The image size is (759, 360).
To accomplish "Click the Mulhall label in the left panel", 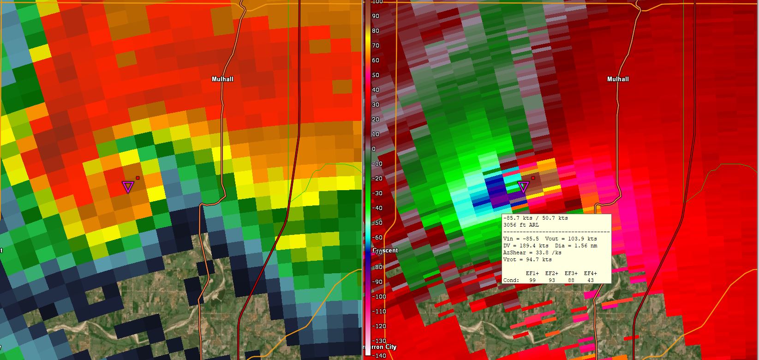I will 222,79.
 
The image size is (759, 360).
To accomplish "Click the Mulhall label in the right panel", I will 618,79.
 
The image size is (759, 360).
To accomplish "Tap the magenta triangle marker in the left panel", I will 128,187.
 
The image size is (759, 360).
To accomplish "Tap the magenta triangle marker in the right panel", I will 523,187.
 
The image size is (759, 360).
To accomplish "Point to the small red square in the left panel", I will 137,178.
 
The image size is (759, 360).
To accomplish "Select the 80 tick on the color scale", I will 375,31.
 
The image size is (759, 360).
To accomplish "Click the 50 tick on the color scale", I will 375,75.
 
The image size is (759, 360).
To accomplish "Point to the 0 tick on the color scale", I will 374,149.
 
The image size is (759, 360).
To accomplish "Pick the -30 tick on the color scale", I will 377,193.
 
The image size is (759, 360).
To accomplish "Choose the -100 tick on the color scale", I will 378,296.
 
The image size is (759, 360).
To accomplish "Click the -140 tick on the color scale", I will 378,355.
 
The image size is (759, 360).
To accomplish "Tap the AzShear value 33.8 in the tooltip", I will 536,252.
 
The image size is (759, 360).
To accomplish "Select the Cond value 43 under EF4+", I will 590,280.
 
